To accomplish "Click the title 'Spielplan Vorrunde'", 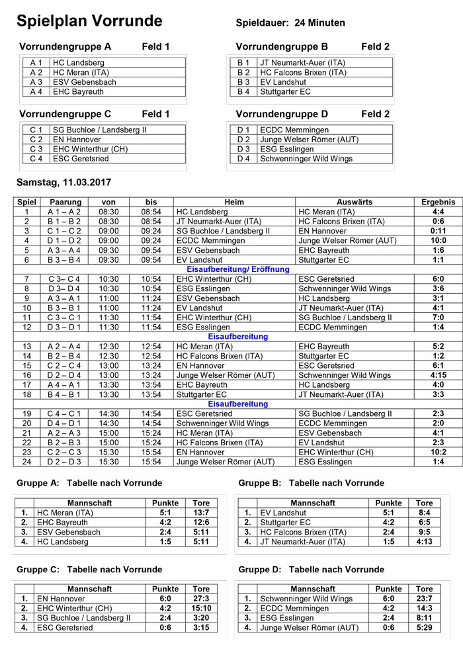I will (x=89, y=21).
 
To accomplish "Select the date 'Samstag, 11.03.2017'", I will (x=63, y=182).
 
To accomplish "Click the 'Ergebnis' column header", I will (x=438, y=202).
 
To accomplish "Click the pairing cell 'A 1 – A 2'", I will (x=65, y=212).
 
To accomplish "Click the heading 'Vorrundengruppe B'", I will (x=282, y=47).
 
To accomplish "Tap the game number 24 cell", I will (x=27, y=462).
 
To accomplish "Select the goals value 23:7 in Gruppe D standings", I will (x=425, y=599).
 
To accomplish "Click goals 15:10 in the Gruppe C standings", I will (x=201, y=608).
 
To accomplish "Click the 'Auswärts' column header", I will (x=355, y=202).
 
